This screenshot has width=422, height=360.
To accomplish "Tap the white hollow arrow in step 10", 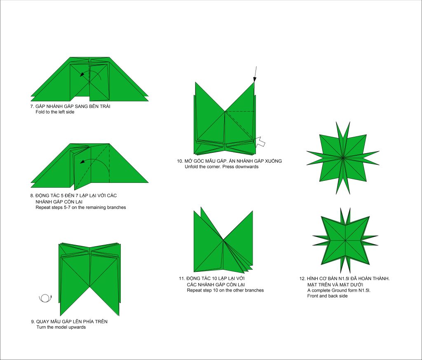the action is click(x=260, y=142).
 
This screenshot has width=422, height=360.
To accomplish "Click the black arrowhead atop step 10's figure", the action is click(x=255, y=79).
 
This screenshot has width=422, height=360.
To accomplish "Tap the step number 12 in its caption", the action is click(x=302, y=278).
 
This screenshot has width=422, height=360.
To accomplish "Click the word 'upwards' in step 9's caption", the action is click(x=76, y=327).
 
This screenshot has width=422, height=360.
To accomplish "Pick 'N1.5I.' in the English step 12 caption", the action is click(x=364, y=290).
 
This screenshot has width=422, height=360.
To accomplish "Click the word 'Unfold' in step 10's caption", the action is click(x=191, y=166).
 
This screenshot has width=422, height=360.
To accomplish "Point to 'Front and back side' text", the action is click(x=327, y=296).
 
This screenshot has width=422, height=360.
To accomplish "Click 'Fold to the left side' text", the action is click(x=55, y=112).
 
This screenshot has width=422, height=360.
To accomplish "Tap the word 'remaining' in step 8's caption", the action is click(x=95, y=208).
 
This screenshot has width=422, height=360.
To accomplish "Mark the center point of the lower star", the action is click(x=345, y=240).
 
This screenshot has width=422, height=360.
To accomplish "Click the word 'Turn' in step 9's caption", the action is click(x=41, y=327).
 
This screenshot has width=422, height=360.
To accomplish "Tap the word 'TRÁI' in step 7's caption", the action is click(x=105, y=106).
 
